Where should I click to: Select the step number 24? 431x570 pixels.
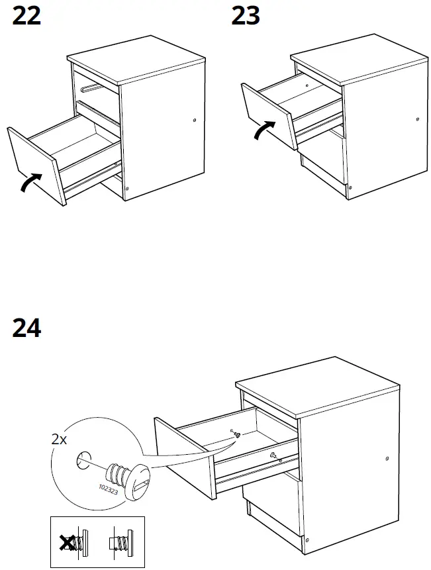tap(26, 328)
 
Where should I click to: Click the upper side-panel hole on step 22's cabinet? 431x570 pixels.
tap(194, 120)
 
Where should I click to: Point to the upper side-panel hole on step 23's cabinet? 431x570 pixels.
tap(417, 119)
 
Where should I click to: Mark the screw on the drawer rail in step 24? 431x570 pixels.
tap(273, 455)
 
